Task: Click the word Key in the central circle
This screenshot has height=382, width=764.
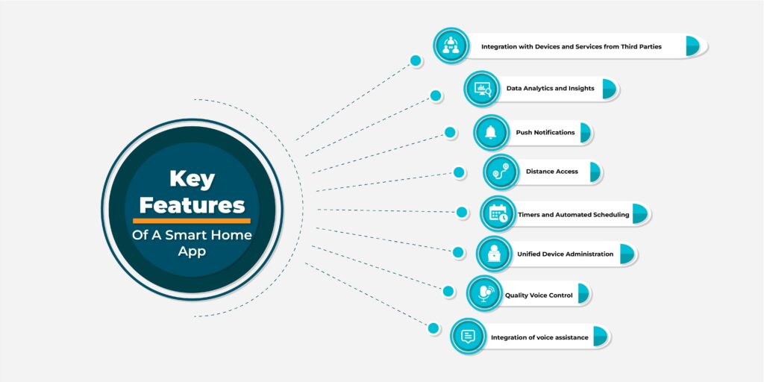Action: pos(192,179)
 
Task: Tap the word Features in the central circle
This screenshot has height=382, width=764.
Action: pos(192,204)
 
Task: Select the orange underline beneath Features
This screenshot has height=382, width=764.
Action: pos(192,221)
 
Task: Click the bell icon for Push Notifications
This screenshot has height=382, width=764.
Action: pos(491,133)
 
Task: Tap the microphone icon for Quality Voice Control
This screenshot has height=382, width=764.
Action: pos(484,294)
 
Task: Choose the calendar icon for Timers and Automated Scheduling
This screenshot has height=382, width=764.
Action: pos(498,214)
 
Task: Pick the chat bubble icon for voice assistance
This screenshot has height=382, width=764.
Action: pos(469,336)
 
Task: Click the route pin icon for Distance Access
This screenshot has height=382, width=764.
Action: pos(501,172)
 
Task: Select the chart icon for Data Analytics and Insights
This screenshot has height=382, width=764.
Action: pos(481,89)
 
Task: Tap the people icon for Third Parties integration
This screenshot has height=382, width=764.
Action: pos(451,46)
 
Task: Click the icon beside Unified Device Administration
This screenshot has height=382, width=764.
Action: pos(494,254)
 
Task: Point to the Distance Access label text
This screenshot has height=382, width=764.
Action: pos(551,172)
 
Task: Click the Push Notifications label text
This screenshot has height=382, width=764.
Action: pos(545,133)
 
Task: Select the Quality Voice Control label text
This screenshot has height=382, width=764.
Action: pos(539,295)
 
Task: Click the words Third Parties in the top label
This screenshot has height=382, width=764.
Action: pos(639,46)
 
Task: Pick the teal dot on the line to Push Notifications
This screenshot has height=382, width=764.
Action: pos(450,132)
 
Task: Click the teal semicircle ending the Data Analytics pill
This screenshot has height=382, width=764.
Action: pos(609,89)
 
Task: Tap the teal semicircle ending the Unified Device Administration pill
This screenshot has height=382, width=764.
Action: pos(627,254)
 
